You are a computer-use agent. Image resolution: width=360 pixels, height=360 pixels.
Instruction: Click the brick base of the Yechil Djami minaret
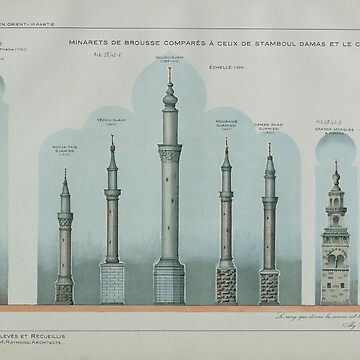pos(112,283)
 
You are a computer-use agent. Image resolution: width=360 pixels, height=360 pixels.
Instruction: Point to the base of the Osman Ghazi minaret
pos(269,284)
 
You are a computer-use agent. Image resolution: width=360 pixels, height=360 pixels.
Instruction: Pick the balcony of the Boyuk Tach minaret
pos(65,211)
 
